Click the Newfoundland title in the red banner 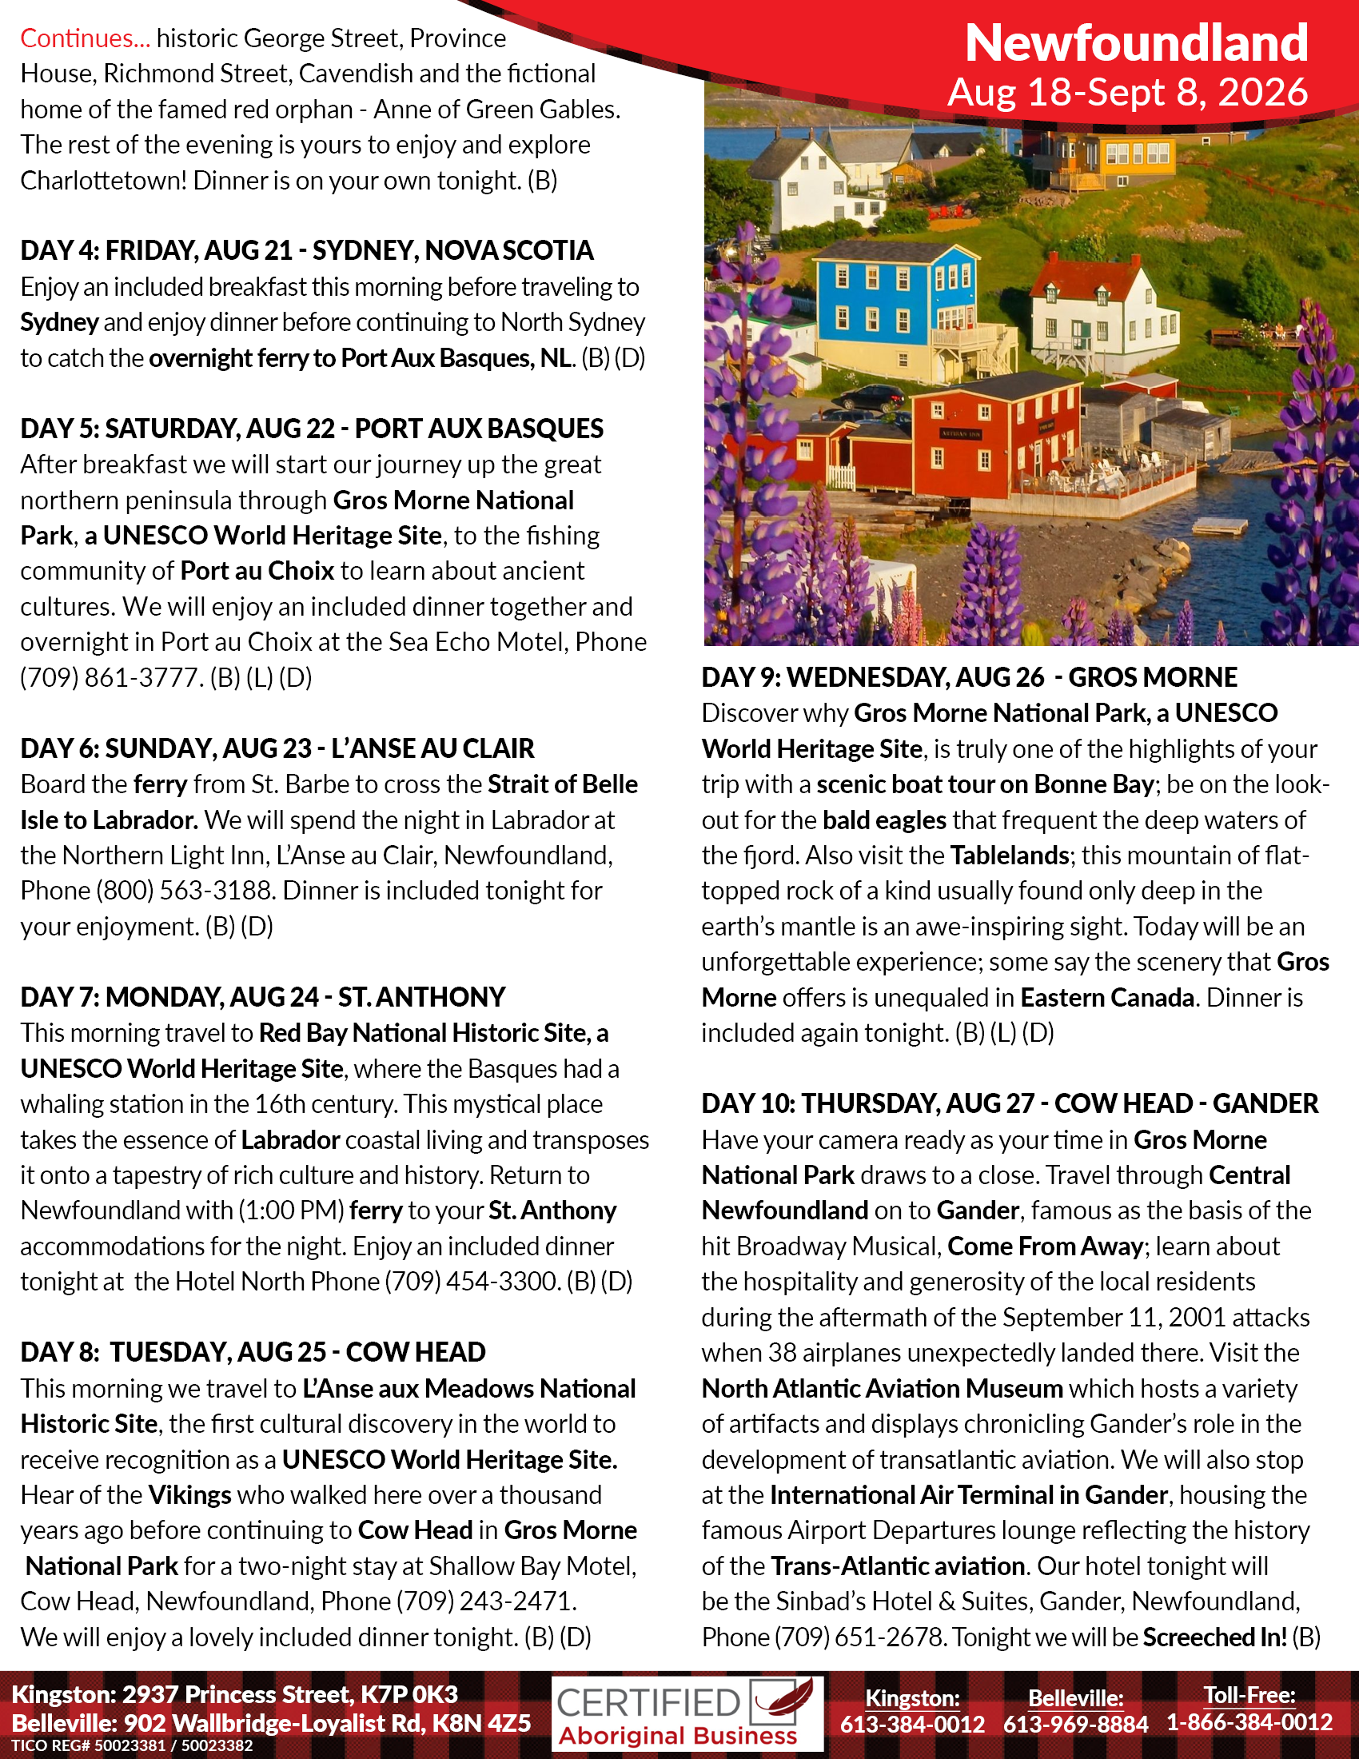(1136, 42)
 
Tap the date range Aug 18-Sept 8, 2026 (1127, 93)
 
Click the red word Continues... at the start (85, 38)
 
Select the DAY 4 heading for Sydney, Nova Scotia (307, 250)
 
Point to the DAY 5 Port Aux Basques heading (312, 429)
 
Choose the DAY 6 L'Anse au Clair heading (277, 748)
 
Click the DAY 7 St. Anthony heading (262, 997)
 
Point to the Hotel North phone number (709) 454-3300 (472, 1282)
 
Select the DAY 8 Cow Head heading (253, 1352)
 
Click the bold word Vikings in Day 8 (190, 1495)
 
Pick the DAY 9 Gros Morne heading (969, 677)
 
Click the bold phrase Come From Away (1045, 1246)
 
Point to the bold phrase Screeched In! (1214, 1637)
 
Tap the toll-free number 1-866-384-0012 (1249, 1723)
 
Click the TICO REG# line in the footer (132, 1746)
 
